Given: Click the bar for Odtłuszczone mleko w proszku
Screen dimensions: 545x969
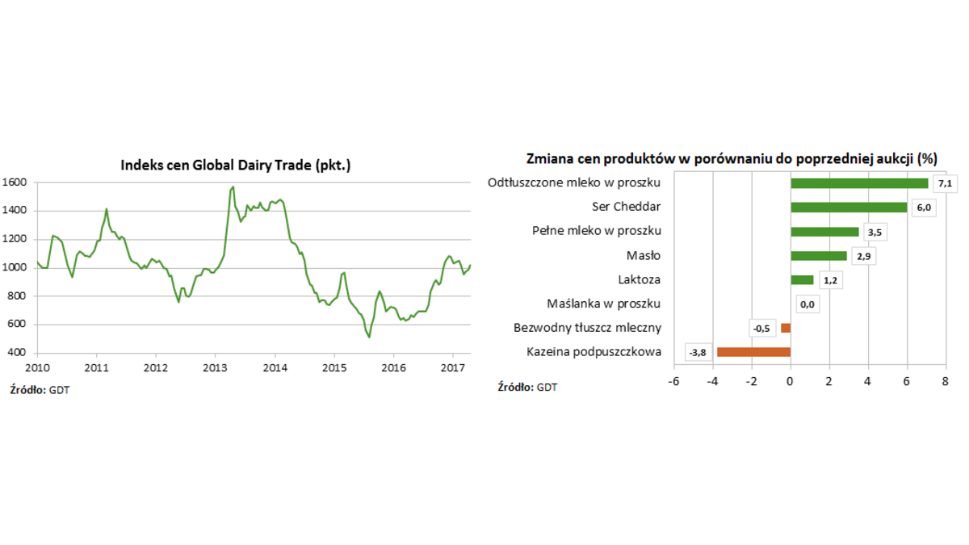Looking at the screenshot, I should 859,183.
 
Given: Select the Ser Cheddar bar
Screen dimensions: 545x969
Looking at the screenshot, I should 849,208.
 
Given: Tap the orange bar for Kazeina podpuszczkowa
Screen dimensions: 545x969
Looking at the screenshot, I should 753,352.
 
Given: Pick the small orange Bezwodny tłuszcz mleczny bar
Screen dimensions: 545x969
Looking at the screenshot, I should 786,328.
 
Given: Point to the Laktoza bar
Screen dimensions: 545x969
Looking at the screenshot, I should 802,280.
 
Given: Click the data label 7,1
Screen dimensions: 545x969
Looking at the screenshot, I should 945,184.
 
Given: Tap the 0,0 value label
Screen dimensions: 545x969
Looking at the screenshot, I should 807,304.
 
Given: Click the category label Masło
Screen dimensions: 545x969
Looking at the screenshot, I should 644,256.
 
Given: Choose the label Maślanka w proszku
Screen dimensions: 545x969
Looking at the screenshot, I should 604,304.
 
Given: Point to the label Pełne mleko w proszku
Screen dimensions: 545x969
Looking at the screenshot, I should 597,232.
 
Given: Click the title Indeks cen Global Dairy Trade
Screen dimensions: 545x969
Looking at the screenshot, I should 235,165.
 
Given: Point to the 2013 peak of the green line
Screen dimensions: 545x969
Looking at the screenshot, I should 233,187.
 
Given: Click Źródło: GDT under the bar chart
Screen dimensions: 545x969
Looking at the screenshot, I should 527,388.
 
